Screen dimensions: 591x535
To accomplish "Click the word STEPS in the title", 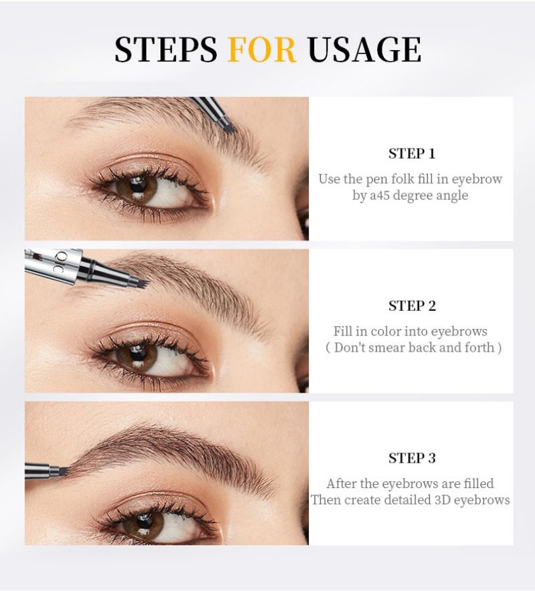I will point(165,49).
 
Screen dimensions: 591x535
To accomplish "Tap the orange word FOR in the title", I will point(261,49).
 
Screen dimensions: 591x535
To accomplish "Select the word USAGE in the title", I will point(364,49).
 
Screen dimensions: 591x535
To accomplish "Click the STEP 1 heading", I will point(411,154).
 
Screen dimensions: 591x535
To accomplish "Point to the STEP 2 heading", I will point(411,306).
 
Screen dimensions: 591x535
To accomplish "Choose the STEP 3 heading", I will point(411,458).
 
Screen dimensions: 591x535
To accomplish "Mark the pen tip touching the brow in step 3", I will point(64,471).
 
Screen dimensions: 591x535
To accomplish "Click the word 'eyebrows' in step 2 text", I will point(459,332).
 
